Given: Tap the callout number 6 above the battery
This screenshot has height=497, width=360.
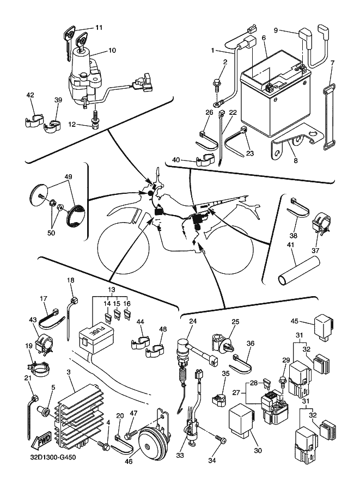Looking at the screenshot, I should pyautogui.click(x=263, y=38).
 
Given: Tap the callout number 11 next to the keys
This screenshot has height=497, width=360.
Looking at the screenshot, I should pyautogui.click(x=99, y=27).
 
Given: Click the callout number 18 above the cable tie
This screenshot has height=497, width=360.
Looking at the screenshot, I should pyautogui.click(x=70, y=280).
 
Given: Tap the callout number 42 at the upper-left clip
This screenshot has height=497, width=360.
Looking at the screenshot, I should pyautogui.click(x=30, y=95).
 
